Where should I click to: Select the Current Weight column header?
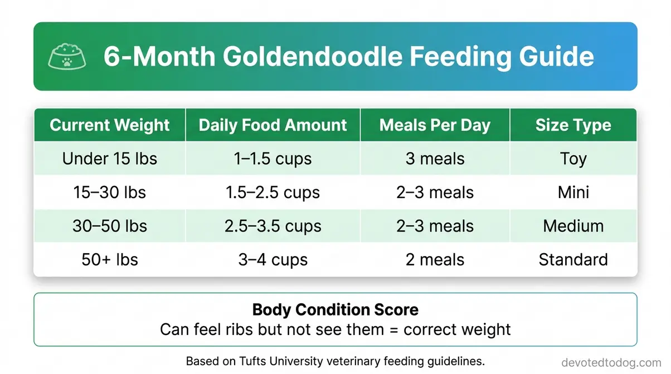(x=110, y=125)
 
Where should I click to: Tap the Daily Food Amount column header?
(x=273, y=125)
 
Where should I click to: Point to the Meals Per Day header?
(x=435, y=125)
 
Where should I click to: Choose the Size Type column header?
(x=573, y=125)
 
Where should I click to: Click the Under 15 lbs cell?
(x=110, y=159)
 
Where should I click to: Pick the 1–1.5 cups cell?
(x=273, y=159)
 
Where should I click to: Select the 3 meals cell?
(x=435, y=159)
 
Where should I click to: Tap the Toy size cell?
(x=573, y=159)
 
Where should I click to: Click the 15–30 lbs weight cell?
(x=110, y=193)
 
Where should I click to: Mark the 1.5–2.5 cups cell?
(x=273, y=193)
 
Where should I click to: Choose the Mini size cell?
(x=573, y=193)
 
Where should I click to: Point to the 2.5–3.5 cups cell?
(x=273, y=226)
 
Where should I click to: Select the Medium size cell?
(x=573, y=226)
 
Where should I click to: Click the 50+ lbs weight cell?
(x=110, y=259)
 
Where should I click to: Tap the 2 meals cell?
(x=435, y=259)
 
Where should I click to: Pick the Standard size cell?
(x=573, y=259)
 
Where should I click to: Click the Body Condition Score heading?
(x=335, y=309)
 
